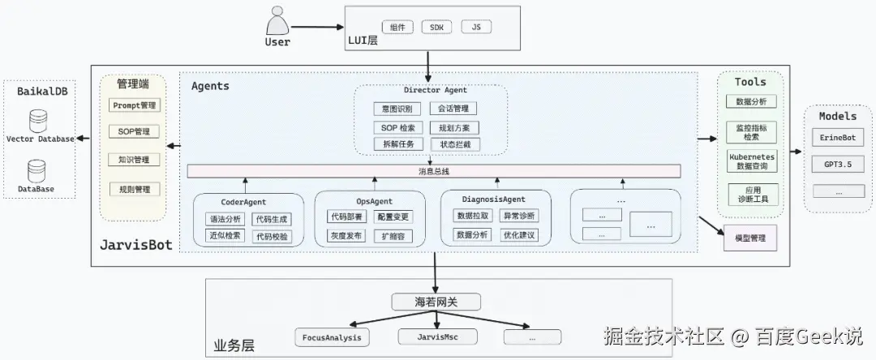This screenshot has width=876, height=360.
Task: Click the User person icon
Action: pyautogui.click(x=277, y=19)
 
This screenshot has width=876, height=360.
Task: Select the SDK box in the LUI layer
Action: pyautogui.click(x=438, y=27)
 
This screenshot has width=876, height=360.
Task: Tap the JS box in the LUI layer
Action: pyautogui.click(x=476, y=27)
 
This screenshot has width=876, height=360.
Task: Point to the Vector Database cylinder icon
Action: pyautogui.click(x=37, y=122)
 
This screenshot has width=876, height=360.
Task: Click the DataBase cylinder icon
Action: pyautogui.click(x=37, y=171)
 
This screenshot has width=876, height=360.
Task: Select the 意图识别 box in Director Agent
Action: pyautogui.click(x=397, y=108)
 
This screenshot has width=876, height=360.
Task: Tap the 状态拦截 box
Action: pyautogui.click(x=454, y=144)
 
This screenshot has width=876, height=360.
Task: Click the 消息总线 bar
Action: pyautogui.click(x=433, y=171)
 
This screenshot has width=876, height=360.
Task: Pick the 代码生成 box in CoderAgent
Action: pyautogui.click(x=270, y=219)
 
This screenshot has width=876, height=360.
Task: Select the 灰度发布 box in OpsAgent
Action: pyautogui.click(x=346, y=236)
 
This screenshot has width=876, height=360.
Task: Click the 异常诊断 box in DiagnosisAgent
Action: pyautogui.click(x=518, y=216)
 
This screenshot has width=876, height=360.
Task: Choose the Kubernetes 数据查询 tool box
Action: pyautogui.click(x=752, y=161)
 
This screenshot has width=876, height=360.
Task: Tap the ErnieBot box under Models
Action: pyautogui.click(x=837, y=139)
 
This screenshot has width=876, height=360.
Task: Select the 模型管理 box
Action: pyautogui.click(x=749, y=238)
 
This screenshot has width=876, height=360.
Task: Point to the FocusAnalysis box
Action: pyautogui.click(x=331, y=336)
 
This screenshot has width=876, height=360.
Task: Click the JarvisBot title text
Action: pyautogui.click(x=135, y=244)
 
